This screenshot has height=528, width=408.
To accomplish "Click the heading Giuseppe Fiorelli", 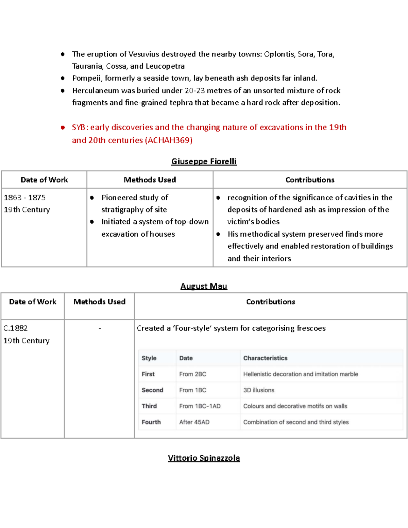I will click(204, 161).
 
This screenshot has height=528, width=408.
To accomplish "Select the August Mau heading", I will click(204, 286).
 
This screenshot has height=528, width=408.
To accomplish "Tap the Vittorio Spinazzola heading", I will click(204, 458).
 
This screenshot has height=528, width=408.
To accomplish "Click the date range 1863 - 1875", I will click(24, 198).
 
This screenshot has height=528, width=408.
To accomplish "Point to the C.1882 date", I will click(16, 328).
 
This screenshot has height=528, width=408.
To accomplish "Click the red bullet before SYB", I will click(63, 127).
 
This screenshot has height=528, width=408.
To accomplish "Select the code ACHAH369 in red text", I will click(169, 140).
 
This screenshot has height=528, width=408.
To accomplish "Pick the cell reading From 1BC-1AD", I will click(200, 406).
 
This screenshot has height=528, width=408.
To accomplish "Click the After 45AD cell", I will click(194, 422).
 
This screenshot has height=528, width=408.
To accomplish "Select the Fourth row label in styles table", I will click(151, 422).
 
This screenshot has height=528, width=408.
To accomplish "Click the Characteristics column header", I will click(265, 358).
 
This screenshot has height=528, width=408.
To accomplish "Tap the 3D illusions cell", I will click(258, 390).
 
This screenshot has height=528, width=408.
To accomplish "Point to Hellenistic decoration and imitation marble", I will click(301, 374).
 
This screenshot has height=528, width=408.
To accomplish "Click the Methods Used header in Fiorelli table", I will click(150, 180).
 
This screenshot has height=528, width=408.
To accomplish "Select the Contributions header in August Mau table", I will click(270, 302).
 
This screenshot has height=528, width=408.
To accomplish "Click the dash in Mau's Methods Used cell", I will click(100, 328).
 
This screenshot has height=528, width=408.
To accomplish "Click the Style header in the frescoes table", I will click(149, 358).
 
